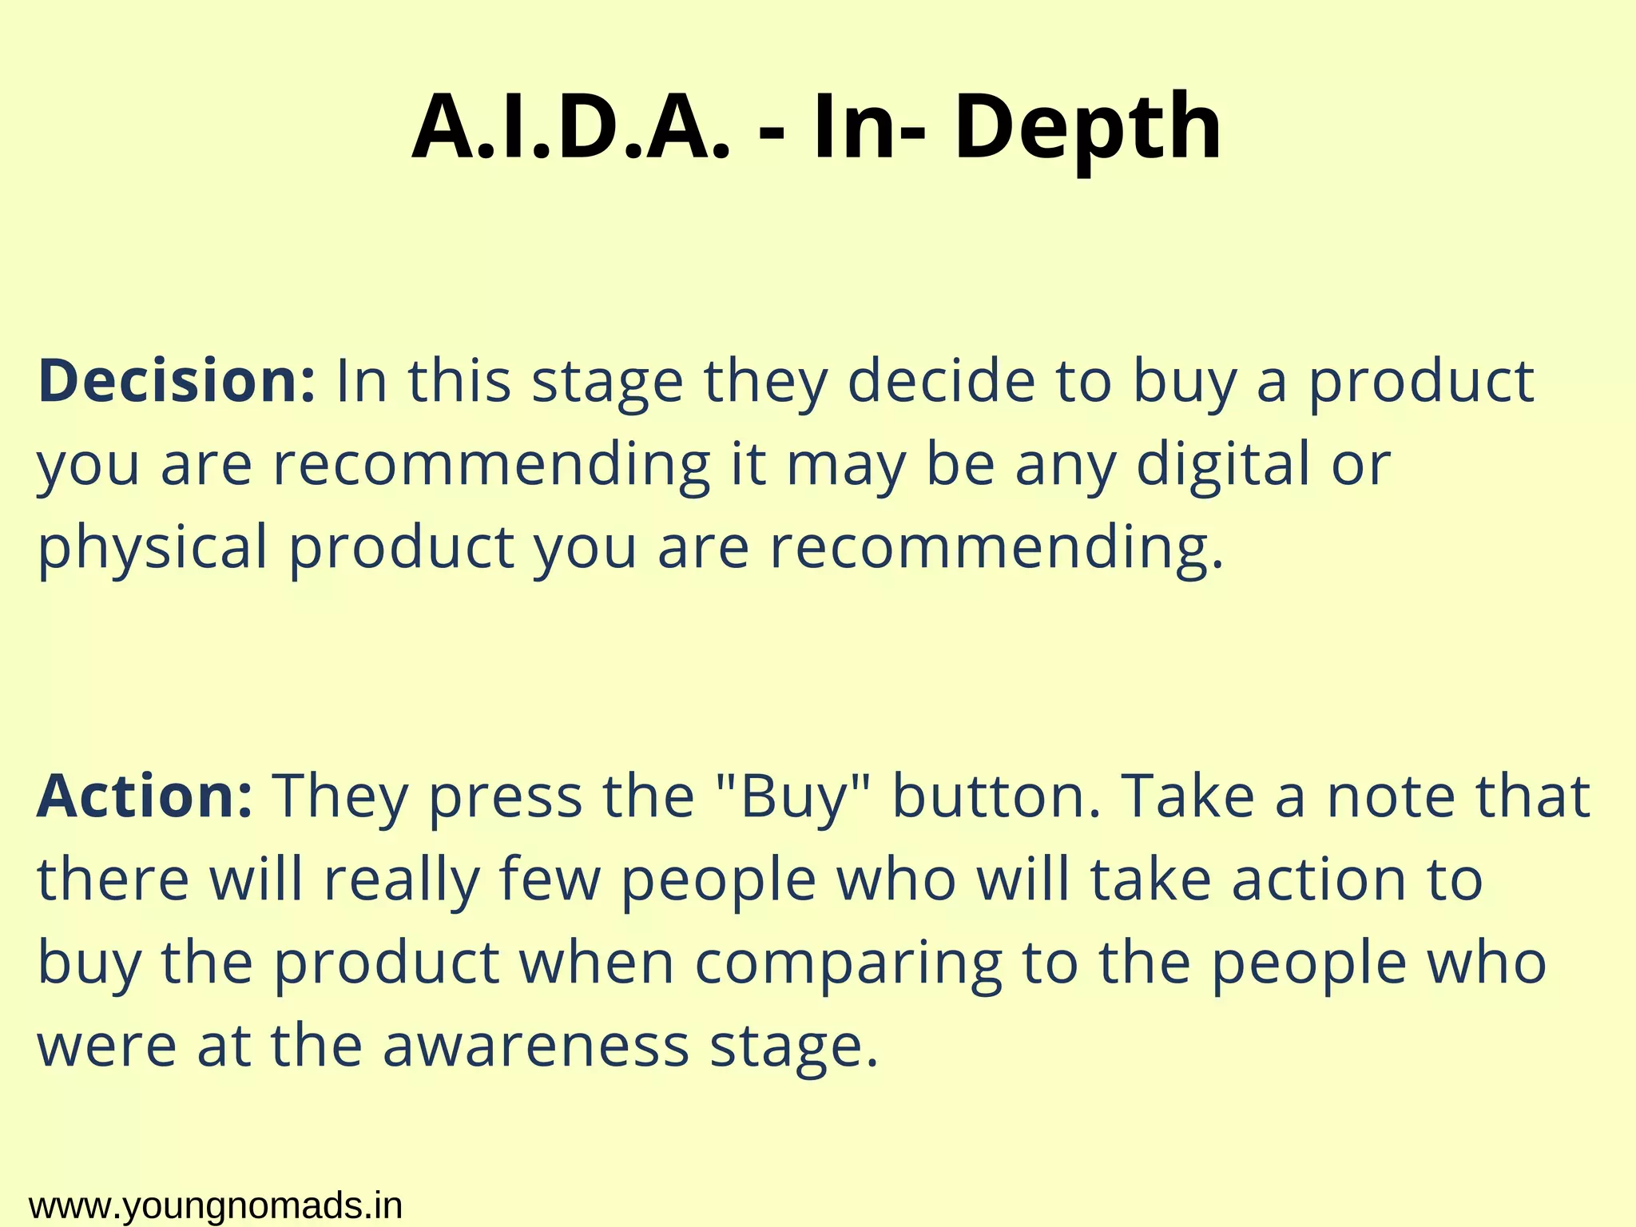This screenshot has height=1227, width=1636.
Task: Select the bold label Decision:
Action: (x=177, y=381)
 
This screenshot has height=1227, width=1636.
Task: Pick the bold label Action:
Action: (x=145, y=796)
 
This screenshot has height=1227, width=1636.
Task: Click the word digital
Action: (x=1223, y=464)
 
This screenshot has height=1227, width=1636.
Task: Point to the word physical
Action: (x=153, y=549)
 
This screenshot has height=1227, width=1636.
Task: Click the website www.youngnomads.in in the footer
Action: (x=215, y=1205)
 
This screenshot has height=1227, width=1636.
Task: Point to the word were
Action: (x=106, y=1046)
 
